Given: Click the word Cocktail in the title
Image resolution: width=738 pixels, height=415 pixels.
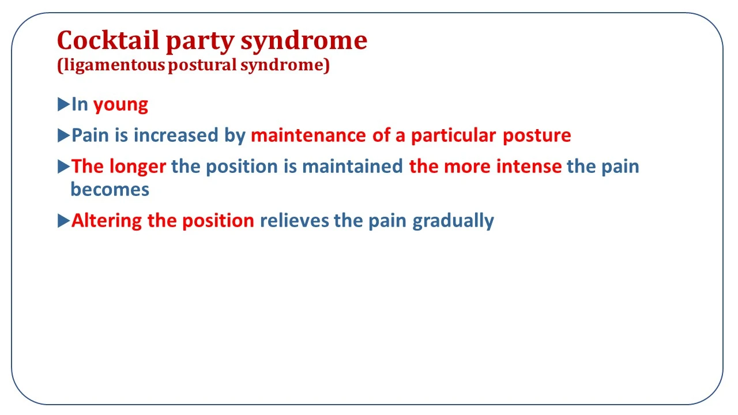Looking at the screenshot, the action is (x=108, y=40).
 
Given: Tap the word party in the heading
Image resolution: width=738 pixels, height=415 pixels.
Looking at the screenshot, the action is (x=200, y=43).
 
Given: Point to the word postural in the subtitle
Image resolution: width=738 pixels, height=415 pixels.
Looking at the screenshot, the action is (x=202, y=65).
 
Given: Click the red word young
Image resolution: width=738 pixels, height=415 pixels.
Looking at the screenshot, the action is (x=121, y=105).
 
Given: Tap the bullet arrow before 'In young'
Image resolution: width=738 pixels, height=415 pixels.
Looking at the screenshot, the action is (x=63, y=104).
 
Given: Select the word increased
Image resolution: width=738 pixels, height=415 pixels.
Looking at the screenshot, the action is (x=176, y=135).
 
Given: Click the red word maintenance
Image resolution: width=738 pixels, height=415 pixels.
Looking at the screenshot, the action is (x=308, y=135).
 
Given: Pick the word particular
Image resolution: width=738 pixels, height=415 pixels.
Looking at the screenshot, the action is (x=454, y=135).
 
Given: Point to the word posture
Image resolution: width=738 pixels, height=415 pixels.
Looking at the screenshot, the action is (x=537, y=136).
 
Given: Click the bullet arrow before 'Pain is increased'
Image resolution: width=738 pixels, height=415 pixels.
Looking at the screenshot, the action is (x=63, y=135).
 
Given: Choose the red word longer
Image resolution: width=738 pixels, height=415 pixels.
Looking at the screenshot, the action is (x=138, y=167).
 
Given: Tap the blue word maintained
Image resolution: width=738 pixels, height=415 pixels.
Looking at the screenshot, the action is (x=352, y=166).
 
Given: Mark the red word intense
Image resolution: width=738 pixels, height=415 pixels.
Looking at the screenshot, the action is (x=529, y=166).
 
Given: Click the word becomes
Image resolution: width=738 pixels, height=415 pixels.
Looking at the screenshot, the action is (x=110, y=190).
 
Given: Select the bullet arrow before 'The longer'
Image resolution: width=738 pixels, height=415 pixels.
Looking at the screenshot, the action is (x=63, y=167).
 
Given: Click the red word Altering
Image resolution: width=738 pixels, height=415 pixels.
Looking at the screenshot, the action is (x=107, y=221).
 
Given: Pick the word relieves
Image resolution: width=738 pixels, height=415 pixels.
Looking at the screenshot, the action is (x=295, y=220).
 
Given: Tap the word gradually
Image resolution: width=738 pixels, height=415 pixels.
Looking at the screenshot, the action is (x=453, y=221).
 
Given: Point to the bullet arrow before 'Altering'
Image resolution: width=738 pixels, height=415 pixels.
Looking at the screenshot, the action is (x=63, y=220).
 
